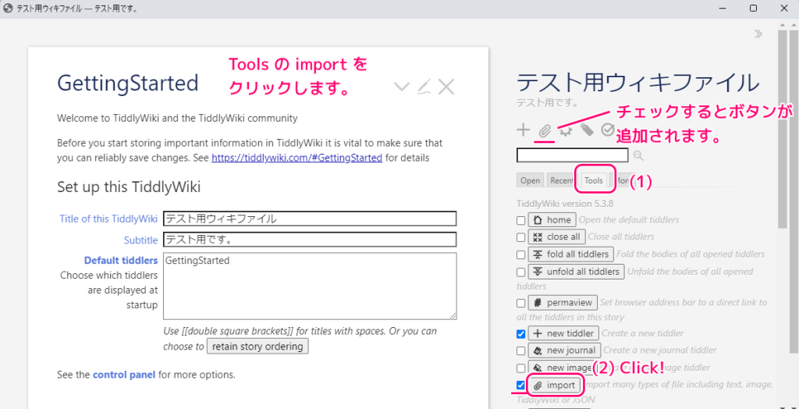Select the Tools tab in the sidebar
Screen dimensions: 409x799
point(594,180)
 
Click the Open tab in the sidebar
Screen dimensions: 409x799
point(531,180)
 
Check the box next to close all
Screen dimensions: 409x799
point(521,237)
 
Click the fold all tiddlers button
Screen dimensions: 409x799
point(570,254)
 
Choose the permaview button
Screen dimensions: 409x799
point(563,302)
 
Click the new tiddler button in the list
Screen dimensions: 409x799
point(563,333)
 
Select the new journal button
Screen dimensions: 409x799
point(565,350)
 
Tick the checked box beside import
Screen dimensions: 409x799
point(521,385)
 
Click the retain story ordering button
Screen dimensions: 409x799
point(257,346)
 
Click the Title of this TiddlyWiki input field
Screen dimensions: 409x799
point(310,219)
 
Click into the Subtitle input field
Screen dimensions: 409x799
point(310,240)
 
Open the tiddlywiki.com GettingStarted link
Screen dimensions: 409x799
point(297,158)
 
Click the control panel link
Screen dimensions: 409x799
point(124,375)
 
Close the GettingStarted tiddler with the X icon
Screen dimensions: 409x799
point(446,87)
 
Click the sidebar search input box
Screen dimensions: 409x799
point(573,155)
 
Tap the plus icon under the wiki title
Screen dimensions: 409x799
point(523,130)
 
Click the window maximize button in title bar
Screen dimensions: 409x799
point(753,8)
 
